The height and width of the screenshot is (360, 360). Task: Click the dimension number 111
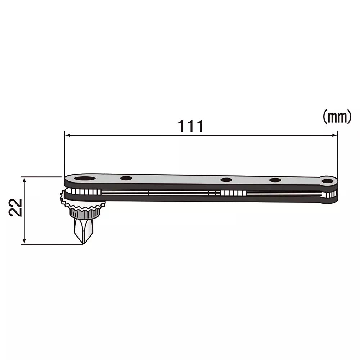click(191, 126)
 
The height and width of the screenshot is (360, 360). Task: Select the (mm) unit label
click(336, 117)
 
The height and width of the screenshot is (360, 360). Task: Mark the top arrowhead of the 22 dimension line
click(24, 179)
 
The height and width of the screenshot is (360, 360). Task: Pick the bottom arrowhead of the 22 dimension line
click(24, 242)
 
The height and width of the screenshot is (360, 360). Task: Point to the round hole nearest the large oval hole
click(126, 178)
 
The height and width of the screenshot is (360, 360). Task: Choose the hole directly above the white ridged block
click(226, 180)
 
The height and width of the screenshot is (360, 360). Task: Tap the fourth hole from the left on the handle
click(275, 180)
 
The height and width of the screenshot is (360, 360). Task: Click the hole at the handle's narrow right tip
click(327, 181)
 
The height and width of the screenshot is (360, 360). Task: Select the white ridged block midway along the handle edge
click(233, 193)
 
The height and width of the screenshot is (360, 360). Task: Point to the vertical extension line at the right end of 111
click(338, 155)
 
